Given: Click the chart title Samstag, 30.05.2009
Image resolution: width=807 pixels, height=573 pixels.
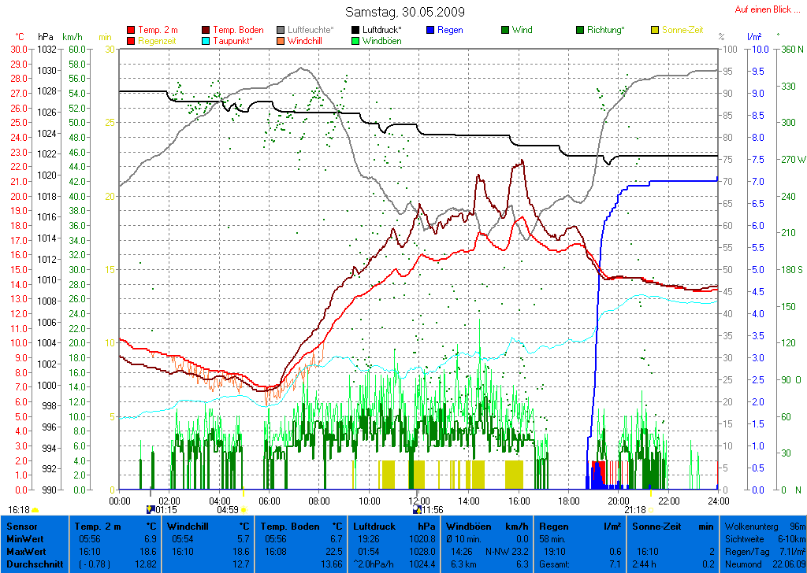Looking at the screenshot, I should pos(404,12).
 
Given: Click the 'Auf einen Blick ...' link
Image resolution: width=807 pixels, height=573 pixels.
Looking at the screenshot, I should pos(767,9).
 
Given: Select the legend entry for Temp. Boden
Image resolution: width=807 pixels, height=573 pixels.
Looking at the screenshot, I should pos(238,30).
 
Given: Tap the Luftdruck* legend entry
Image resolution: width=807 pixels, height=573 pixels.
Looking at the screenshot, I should pos(381,30).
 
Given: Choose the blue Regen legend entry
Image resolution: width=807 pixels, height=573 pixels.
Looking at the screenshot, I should pos(450,30).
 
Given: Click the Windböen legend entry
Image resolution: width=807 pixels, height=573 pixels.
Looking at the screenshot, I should pos(381,41).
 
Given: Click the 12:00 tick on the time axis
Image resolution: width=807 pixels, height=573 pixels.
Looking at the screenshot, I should pos(418,500).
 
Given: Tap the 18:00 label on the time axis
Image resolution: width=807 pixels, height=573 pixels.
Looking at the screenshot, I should pos(568,500).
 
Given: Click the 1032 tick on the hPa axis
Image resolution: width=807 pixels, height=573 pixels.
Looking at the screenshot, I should pos(46,49).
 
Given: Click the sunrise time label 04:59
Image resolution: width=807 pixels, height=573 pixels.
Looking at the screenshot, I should pos(227,509).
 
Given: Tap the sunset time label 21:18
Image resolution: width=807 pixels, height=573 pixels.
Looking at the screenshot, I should pos(634,509).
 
